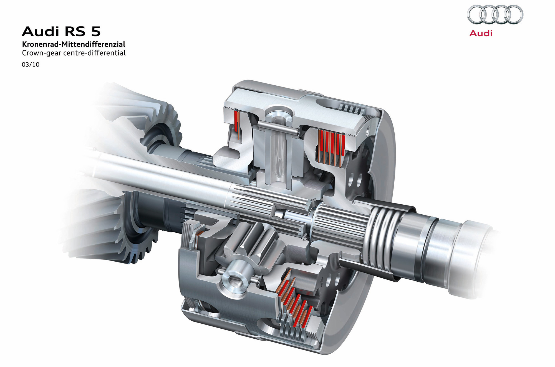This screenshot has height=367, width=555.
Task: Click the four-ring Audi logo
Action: pos(495,15)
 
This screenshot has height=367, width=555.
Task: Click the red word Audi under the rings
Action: pos(481,33)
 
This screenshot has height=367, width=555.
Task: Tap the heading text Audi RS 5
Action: pos(61,31)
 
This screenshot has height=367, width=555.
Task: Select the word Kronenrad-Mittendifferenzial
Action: pos(74,44)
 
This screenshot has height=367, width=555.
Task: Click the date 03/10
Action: pos(31,65)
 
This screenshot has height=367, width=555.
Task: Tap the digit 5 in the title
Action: pos(95,31)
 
